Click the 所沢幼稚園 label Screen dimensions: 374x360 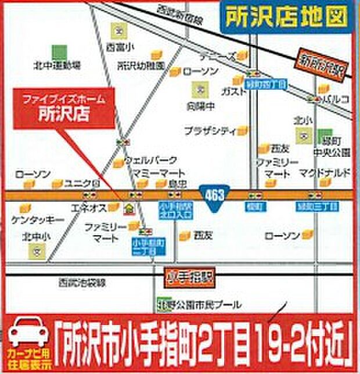click(x=142, y=65)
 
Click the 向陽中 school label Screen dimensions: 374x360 click(x=199, y=106)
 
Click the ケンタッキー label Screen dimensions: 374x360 click(x=37, y=220)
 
